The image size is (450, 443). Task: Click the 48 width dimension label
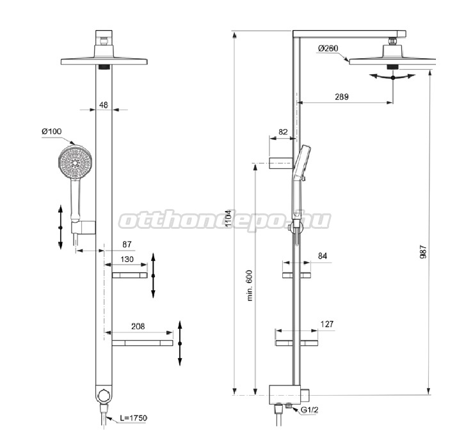[104, 105]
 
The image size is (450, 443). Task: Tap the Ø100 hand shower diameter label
[52, 131]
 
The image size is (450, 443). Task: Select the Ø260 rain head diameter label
[328, 49]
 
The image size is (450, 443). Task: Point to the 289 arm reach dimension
[342, 97]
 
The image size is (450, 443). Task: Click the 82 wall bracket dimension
[283, 132]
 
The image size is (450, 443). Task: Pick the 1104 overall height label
[229, 219]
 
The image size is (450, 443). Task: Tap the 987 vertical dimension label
[423, 252]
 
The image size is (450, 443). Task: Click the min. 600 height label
[250, 285]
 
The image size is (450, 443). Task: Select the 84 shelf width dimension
[323, 256]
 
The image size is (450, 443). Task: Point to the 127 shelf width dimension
[327, 324]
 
